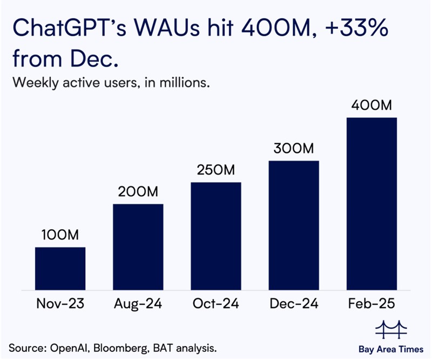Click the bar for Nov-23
tap(60, 268)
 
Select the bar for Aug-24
tap(138, 246)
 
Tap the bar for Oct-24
tap(216, 236)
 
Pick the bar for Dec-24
tap(294, 225)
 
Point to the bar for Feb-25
tap(372, 203)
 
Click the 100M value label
tap(60, 235)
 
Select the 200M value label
tap(138, 192)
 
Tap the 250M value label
tap(216, 170)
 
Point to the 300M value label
tap(294, 149)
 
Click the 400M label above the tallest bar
tap(372, 105)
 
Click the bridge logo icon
tap(390, 328)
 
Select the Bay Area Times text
tap(390, 345)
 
